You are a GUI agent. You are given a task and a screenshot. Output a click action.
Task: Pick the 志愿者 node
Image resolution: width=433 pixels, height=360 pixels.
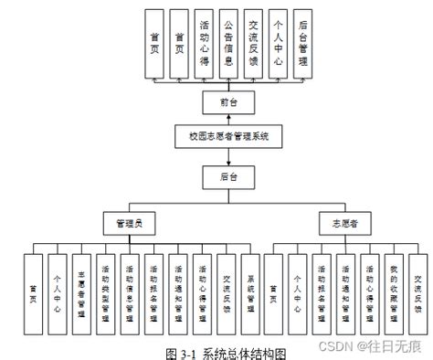click(339, 222)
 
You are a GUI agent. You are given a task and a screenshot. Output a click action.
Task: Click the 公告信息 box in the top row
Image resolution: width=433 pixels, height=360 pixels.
click(228, 44)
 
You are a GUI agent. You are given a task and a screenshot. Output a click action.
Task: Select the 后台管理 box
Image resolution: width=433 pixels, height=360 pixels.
click(302, 44)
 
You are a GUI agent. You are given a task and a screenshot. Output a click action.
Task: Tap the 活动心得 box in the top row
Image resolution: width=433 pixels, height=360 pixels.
click(204, 44)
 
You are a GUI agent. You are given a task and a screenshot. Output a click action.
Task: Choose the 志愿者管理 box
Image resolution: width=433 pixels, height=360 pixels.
click(81, 293)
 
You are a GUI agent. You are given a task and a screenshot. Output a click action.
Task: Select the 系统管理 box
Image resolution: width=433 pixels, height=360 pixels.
click(249, 293)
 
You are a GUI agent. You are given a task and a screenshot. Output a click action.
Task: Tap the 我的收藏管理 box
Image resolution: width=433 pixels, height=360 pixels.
click(394, 293)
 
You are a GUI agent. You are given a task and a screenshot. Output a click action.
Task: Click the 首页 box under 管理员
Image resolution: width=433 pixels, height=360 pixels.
click(33, 293)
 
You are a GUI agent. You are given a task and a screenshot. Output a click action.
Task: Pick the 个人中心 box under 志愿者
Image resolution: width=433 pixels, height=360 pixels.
click(297, 293)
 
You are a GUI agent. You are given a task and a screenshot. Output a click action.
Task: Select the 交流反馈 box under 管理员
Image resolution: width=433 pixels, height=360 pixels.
click(226, 293)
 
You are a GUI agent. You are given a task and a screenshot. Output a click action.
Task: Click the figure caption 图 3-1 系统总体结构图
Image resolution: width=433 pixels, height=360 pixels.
click(226, 351)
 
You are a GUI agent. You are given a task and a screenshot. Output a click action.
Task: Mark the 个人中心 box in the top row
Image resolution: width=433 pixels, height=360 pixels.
click(278, 44)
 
